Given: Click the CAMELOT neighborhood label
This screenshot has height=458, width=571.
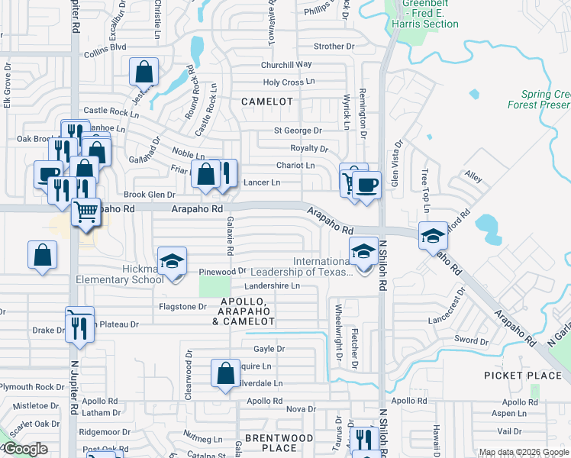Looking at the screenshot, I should tap(267, 101).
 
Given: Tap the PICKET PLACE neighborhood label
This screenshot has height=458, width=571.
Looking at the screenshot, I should tap(523, 376).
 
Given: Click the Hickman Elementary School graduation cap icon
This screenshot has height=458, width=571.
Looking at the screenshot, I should tap(173, 263).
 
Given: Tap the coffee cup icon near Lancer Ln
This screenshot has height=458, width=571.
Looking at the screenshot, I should tap(366, 185).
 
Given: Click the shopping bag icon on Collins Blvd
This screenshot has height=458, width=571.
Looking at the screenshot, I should tap(144, 72).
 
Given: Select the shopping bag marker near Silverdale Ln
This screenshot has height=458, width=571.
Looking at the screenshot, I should tap(226, 374).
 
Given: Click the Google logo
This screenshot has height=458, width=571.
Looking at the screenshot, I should tap(24, 449).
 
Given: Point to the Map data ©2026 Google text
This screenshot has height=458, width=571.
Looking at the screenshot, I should tap(524, 452).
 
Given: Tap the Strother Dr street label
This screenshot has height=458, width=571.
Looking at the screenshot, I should tap(329, 47).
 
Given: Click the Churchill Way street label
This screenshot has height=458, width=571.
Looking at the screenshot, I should tap(287, 65).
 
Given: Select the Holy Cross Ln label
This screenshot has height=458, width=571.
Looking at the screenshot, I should tap(289, 82).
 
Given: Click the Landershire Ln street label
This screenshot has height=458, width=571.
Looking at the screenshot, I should tap(272, 286).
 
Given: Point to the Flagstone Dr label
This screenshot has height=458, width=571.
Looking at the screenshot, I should tap(182, 307).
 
